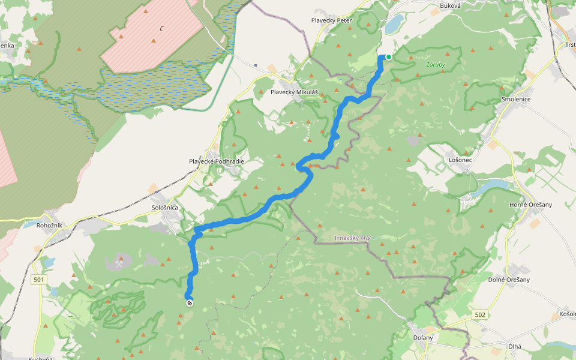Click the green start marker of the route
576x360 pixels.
[388, 57]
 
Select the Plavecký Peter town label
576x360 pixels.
[331, 20]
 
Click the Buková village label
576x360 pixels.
[450, 5]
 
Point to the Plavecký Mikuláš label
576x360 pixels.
[293, 92]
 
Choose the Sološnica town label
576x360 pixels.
[164, 207]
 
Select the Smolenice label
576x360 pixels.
[515, 99]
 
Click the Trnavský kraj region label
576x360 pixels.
[352, 238]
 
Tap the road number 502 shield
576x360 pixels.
[479, 314]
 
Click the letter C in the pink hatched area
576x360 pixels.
[161, 28]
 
